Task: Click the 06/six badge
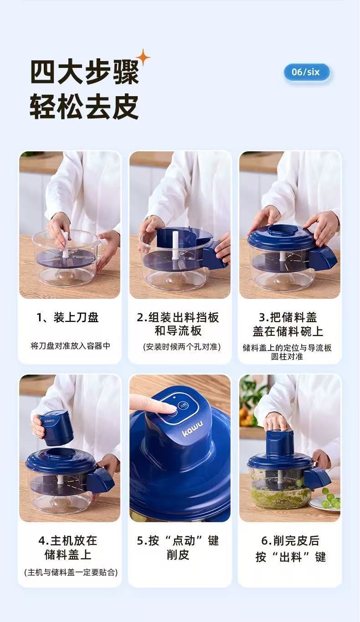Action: tap(307, 72)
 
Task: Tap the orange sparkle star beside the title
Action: tap(143, 58)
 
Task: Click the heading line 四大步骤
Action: tap(84, 73)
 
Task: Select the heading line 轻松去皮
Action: tap(84, 107)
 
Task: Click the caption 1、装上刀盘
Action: tap(67, 318)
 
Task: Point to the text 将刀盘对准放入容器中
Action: tap(70, 346)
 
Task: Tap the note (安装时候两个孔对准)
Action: tap(182, 347)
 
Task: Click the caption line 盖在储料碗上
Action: tap(288, 331)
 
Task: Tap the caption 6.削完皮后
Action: tap(290, 540)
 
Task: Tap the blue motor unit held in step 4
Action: tap(56, 428)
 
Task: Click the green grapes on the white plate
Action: tap(331, 499)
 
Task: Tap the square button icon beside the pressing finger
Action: tap(183, 405)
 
